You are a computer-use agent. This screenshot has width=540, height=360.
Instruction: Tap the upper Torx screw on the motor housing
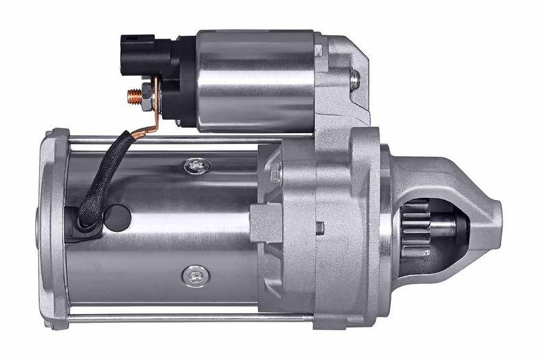coord(196,164)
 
